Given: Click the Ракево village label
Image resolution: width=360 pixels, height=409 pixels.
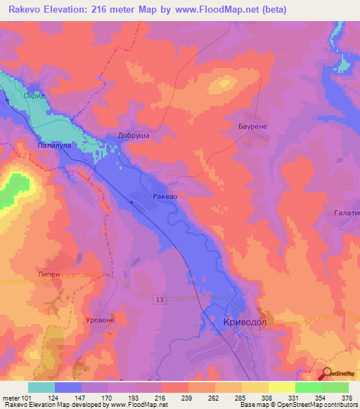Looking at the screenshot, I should (165, 197).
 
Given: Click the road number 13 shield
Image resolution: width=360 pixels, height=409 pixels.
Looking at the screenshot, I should (160, 299).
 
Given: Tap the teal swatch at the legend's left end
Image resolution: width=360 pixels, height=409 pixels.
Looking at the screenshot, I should (41, 387).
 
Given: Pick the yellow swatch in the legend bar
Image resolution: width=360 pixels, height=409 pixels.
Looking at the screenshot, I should (281, 387).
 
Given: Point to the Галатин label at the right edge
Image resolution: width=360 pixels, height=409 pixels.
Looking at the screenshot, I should (346, 212).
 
